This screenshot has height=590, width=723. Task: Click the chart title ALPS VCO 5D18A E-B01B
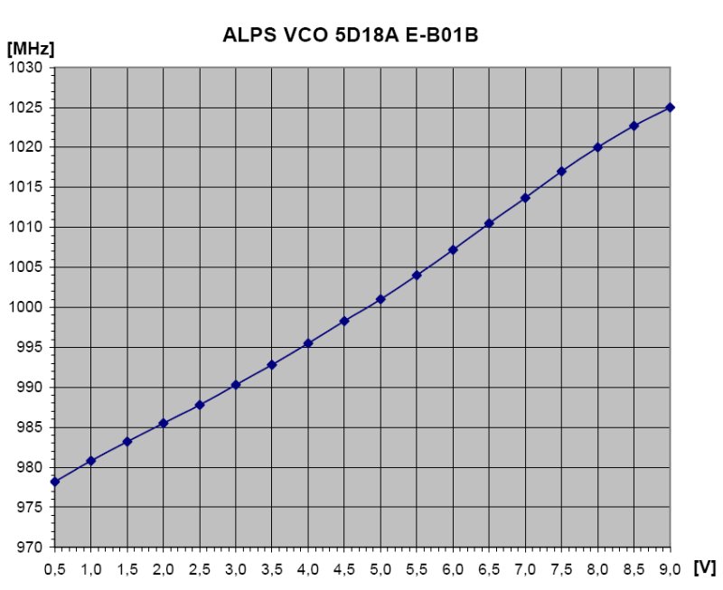(351, 35)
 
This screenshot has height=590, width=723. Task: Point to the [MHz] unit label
(31, 49)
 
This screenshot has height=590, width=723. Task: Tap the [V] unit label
(705, 567)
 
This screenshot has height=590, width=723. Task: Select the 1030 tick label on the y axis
(25, 68)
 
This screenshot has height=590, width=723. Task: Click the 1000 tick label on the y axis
(25, 307)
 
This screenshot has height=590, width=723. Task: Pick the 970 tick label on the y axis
(30, 548)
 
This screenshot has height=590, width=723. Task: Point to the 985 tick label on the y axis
(30, 427)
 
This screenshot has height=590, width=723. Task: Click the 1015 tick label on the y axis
(25, 187)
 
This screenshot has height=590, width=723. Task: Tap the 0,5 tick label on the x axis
(55, 570)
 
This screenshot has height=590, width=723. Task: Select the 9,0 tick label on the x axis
(670, 570)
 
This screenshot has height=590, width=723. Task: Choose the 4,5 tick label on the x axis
(344, 570)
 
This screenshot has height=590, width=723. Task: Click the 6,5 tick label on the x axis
(489, 570)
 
